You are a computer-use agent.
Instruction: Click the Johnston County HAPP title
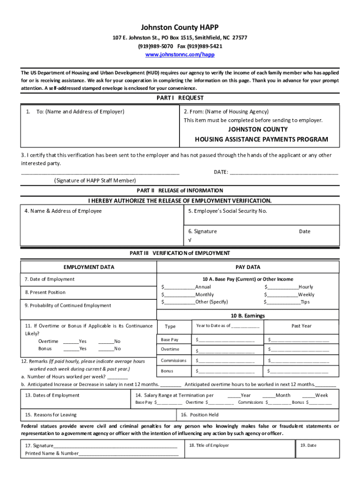click(x=180, y=28)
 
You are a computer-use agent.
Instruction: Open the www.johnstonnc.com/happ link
click(x=180, y=55)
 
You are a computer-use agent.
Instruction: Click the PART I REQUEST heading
click(x=180, y=98)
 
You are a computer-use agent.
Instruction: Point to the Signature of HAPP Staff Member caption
click(x=95, y=181)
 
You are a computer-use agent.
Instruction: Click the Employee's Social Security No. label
click(x=228, y=211)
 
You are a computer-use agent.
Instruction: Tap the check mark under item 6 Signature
click(x=190, y=240)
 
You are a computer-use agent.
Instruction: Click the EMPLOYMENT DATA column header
click(x=89, y=267)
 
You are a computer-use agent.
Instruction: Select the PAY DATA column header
click(x=248, y=267)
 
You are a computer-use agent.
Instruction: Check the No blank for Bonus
click(x=106, y=349)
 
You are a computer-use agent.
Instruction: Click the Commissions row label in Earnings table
click(x=173, y=361)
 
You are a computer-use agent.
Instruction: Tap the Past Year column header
click(x=302, y=326)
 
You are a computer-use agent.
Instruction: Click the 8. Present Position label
click(x=45, y=292)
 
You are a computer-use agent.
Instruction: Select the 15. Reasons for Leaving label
click(x=50, y=415)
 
